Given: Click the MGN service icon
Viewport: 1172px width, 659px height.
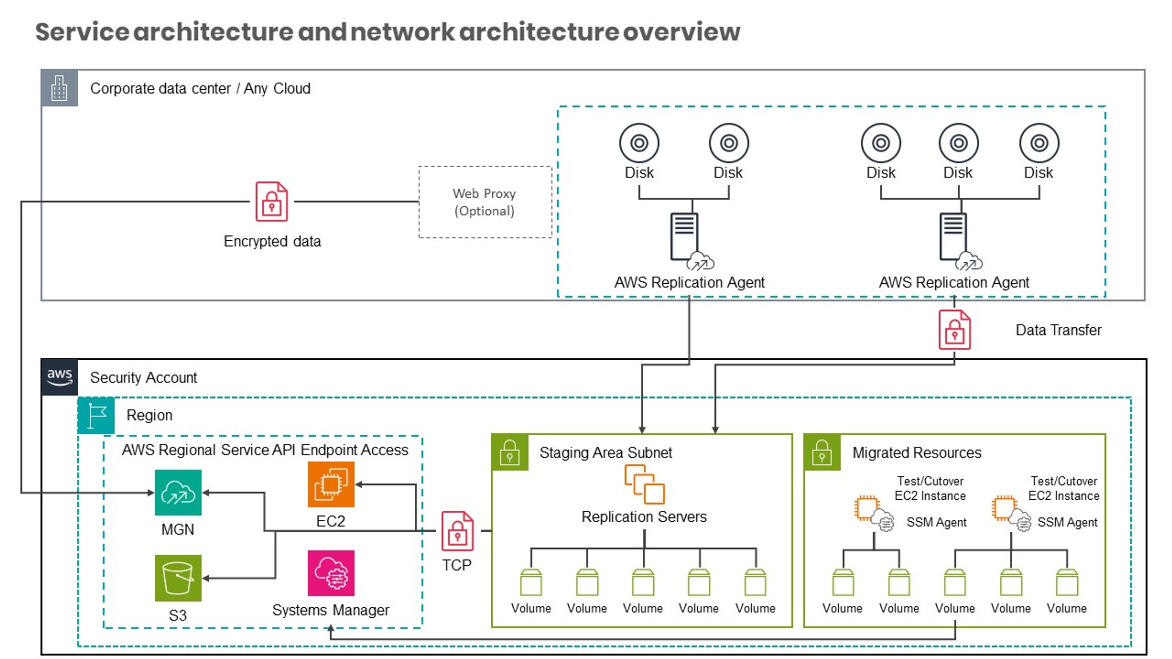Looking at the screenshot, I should (178, 492).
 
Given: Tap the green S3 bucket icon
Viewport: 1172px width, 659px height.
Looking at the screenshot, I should (178, 578).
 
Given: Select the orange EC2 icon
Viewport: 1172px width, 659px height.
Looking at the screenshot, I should (331, 484).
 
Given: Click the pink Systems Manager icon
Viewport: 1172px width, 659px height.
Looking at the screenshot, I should (331, 573).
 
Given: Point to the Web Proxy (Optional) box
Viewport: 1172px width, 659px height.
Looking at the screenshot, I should (485, 202).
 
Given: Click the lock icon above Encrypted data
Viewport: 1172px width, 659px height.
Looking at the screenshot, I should (271, 202).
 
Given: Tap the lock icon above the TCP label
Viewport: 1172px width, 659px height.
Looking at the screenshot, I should (457, 531).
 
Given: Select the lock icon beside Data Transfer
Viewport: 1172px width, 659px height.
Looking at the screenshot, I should (955, 330).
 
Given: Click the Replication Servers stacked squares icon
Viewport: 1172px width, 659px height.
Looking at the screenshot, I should (644, 484).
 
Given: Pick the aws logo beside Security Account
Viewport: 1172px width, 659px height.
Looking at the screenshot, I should (60, 378).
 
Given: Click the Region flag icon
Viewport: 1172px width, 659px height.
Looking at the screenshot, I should (96, 416).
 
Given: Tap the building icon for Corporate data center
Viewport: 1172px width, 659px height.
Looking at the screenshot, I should (60, 88).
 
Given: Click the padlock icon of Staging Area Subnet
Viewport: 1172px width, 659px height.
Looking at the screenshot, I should (510, 453).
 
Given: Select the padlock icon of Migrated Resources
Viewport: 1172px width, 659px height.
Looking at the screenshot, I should (822, 453).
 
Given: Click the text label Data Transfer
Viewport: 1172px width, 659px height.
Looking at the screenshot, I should (1058, 330).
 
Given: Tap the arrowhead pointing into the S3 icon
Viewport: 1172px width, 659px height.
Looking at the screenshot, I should (206, 578).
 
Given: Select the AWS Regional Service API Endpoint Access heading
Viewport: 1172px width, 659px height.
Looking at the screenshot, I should (265, 450).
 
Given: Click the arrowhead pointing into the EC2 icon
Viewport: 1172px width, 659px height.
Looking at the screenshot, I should (359, 484).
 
